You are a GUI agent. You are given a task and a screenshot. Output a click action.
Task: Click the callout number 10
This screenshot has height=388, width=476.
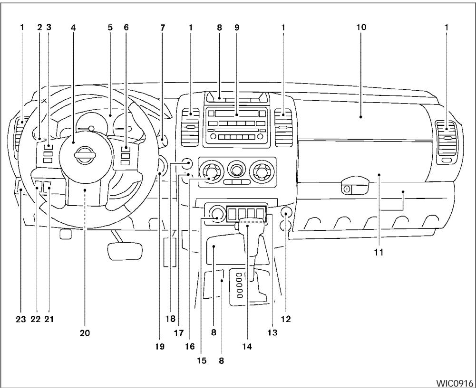click(x=361, y=28)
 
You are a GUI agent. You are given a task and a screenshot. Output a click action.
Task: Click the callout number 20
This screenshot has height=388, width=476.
click(x=85, y=333)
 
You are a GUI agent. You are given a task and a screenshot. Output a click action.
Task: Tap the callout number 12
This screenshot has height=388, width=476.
click(x=286, y=319)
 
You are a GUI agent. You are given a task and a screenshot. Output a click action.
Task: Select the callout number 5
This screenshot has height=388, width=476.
click(x=110, y=28)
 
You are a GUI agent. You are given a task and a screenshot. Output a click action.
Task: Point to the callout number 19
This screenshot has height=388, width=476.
click(x=159, y=347)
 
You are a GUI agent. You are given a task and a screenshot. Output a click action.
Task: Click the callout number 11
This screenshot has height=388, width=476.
click(x=379, y=253)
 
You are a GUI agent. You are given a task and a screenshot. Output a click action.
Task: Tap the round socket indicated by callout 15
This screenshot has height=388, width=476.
click(x=217, y=213)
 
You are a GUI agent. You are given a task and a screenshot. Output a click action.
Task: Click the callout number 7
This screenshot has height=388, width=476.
click(x=163, y=28)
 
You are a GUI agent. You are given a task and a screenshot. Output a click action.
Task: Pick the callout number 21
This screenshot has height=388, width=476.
click(x=49, y=319)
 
